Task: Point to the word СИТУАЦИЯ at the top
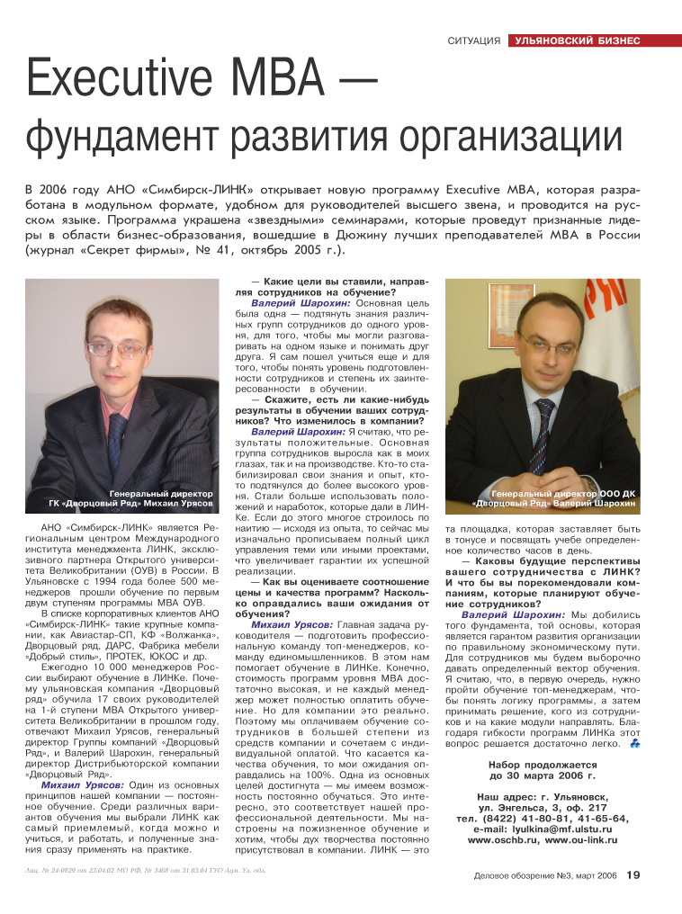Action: click(473, 41)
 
